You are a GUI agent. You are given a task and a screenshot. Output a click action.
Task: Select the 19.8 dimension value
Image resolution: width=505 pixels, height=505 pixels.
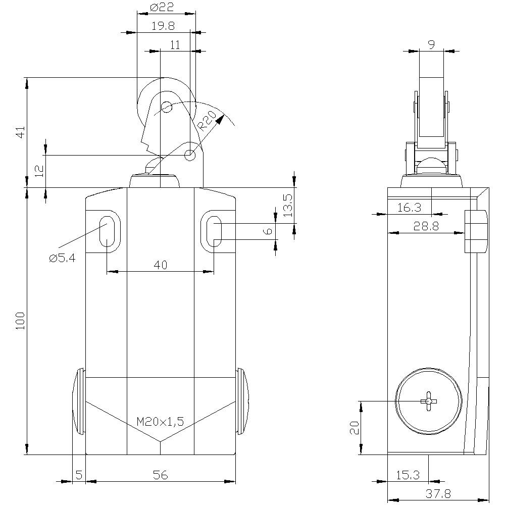[x=163, y=26]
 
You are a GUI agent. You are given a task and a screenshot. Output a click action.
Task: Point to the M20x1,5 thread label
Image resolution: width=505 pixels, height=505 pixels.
[x=161, y=422]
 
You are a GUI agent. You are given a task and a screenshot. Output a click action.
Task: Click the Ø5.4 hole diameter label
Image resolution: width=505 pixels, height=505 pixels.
[x=62, y=258]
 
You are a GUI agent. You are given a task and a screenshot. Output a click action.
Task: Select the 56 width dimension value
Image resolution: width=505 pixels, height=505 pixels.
[x=160, y=475]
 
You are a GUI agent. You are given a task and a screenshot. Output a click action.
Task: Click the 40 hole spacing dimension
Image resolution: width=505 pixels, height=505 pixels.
[x=161, y=265]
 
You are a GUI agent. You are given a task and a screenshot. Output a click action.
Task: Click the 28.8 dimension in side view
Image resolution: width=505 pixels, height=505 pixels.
[x=426, y=226]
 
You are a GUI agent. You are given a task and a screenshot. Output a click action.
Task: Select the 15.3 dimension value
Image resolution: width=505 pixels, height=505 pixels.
[x=408, y=475]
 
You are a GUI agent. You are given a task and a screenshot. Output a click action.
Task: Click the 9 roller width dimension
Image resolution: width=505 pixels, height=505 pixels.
[x=431, y=44]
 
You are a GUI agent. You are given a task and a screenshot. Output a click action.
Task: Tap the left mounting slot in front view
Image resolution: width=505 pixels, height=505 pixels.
[x=107, y=232]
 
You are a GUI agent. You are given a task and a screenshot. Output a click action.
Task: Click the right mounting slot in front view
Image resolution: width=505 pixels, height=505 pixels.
[x=214, y=232]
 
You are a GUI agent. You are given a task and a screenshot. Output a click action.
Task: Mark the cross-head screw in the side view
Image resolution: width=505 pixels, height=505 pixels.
[x=428, y=401]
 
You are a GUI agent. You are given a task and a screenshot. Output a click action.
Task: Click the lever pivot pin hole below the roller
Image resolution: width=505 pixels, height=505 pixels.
[x=190, y=155]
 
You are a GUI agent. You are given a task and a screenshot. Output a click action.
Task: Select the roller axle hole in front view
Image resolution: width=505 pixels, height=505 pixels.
[x=166, y=107]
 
